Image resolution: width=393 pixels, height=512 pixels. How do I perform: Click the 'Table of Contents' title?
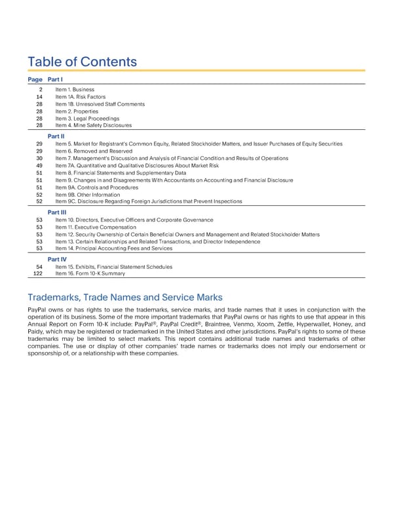82,62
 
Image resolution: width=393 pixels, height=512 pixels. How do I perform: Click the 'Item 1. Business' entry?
75,89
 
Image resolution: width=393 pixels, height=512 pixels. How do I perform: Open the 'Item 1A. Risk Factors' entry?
81,96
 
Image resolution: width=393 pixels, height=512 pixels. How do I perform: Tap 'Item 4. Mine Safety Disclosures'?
94,125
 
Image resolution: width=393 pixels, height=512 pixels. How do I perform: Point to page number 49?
39,165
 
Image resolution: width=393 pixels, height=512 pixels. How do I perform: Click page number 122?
38,274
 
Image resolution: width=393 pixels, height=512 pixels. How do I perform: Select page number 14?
39,96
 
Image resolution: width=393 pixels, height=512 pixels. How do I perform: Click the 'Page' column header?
36,79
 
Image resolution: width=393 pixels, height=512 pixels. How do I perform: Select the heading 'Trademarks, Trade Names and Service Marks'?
126,297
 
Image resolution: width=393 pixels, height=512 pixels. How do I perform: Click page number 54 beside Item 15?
39,267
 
